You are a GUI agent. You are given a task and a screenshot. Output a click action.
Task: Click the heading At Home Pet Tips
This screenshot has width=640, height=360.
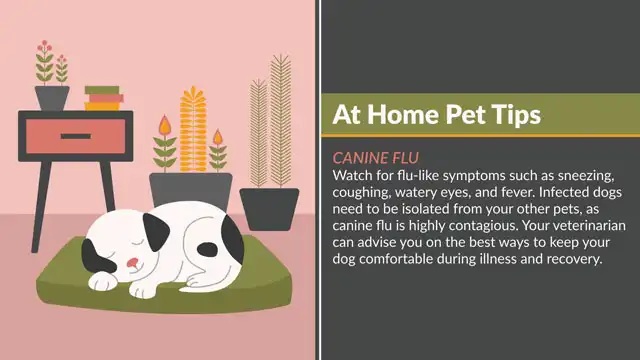(436, 115)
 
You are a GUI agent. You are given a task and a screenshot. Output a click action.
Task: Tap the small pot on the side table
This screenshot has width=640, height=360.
(52, 97)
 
